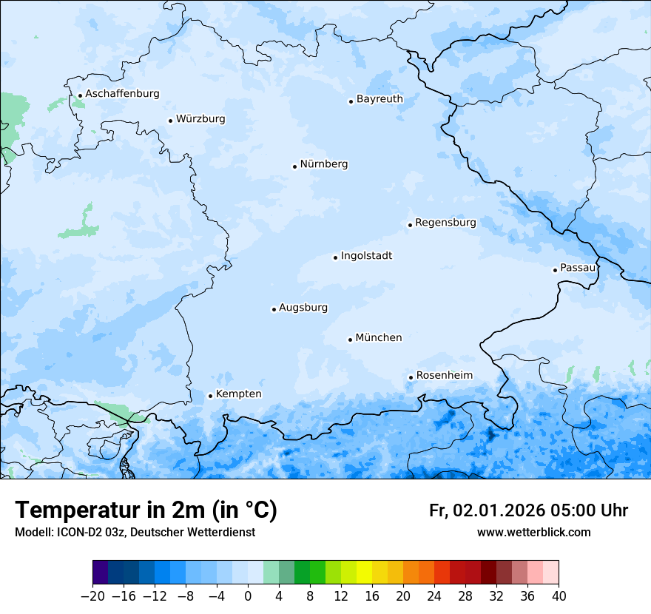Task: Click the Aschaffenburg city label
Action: click(122, 94)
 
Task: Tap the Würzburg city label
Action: click(200, 119)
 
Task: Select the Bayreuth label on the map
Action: click(380, 99)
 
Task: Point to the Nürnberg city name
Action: click(323, 164)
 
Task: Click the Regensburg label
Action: click(445, 223)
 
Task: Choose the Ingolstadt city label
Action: click(366, 256)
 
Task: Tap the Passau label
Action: click(578, 268)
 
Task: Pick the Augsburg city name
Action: click(303, 308)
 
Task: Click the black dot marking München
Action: click(350, 340)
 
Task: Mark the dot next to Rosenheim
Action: click(411, 377)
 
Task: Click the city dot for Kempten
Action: click(210, 396)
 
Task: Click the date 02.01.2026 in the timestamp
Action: click(499, 511)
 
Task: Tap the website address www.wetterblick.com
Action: click(533, 533)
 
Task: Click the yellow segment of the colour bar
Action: click(364, 573)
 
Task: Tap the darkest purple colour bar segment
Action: click(100, 573)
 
